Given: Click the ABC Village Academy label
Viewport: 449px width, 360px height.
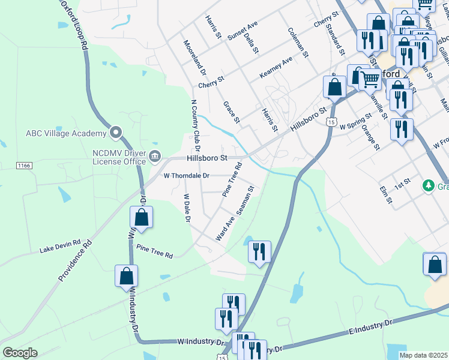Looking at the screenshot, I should click(x=65, y=133).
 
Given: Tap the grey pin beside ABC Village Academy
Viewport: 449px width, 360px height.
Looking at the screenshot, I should click(x=116, y=133).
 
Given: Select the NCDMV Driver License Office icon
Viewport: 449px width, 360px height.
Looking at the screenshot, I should click(x=155, y=157).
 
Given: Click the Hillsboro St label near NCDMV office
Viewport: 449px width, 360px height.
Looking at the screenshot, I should click(x=206, y=158).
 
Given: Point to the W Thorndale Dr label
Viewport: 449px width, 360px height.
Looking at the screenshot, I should click(x=186, y=176).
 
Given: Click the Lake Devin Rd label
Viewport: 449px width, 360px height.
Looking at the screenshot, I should click(x=60, y=246).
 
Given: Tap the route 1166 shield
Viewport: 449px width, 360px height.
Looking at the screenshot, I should click(x=25, y=165).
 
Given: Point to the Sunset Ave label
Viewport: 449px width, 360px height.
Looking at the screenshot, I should click(x=242, y=31).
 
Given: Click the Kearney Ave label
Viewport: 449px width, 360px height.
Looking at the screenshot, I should click(x=276, y=67).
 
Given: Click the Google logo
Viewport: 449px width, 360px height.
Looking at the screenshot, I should click(x=20, y=353).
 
